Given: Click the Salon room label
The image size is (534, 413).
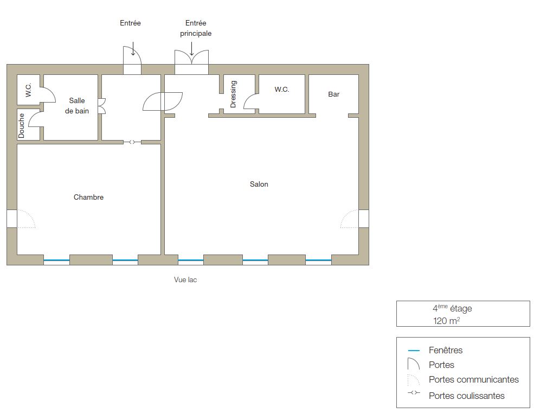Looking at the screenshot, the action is coord(259,184).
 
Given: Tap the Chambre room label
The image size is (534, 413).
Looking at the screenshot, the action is coord(88,197).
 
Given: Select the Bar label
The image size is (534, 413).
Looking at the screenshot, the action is coord(334,94).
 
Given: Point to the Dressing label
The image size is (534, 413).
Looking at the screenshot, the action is coord(233,94).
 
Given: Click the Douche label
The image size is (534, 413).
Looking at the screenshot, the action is coord(22,125).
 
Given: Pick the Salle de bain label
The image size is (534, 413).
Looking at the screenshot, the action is coord(77,106).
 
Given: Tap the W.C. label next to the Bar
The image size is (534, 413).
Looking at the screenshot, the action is coord(282,90).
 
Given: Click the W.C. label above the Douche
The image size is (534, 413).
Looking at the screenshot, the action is coord(28,90).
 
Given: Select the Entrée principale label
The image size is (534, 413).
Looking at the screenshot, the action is coord(196,28).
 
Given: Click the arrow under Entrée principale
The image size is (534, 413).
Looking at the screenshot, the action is coord(192,49).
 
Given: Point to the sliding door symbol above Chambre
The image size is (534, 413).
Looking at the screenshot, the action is coord(132,142).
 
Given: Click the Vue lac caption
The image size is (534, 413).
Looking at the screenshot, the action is coord(185,279).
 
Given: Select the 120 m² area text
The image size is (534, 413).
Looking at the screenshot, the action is coord(447,321).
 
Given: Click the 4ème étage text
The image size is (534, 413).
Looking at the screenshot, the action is coord(452,308).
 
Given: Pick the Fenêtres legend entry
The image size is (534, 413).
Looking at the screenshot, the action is coord(446,350).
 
